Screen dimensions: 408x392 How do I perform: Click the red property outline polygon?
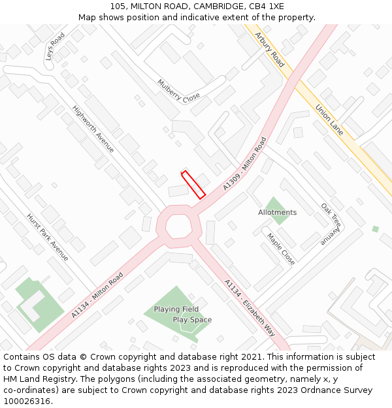pyautogui.click(x=193, y=184)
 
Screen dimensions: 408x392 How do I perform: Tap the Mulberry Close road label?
pyautogui.click(x=178, y=91)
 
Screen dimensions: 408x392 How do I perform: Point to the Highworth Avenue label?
pyautogui.click(x=93, y=129)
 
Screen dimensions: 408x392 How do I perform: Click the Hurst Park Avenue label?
pyautogui.click(x=47, y=236)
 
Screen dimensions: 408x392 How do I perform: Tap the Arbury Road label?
pyautogui.click(x=270, y=50)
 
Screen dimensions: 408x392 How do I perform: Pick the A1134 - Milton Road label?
pyautogui.click(x=97, y=296)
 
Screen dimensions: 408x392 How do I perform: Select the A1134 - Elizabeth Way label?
pyautogui.click(x=250, y=308)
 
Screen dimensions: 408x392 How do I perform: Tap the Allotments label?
pyautogui.click(x=277, y=212)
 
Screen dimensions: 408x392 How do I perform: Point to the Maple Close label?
pyautogui.click(x=281, y=249)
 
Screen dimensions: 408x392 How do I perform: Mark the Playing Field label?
pyautogui.click(x=176, y=309)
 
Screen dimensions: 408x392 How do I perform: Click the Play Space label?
pyautogui.click(x=192, y=320)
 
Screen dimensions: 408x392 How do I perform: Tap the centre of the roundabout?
pyautogui.click(x=178, y=225)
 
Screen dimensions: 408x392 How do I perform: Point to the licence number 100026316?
pyautogui.click(x=27, y=401)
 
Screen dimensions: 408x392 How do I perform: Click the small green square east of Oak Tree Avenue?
pyautogui.click(x=375, y=229)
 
